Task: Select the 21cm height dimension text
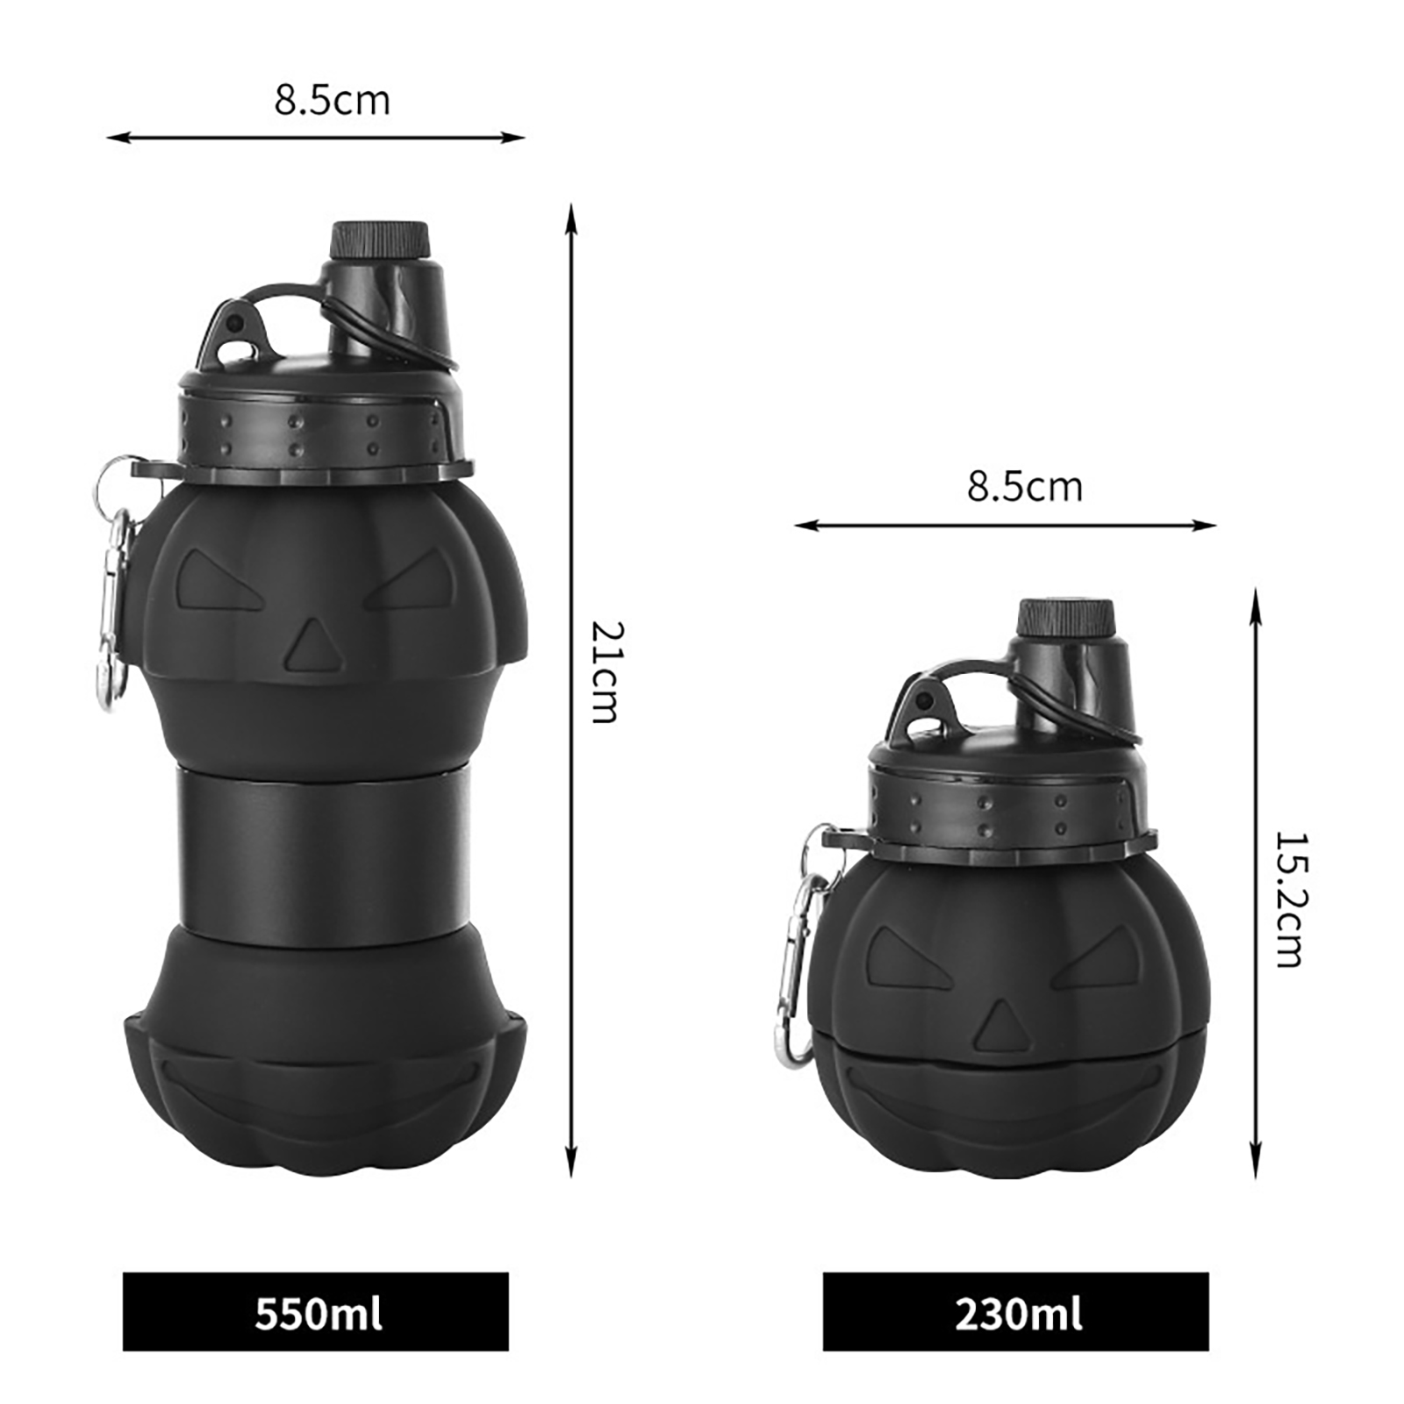pos(605,671)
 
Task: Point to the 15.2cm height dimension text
pos(1289,899)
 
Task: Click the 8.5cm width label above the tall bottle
pos(332,100)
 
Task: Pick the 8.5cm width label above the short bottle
pos(1025,487)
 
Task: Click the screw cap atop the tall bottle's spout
pos(379,240)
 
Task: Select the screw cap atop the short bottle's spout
pos(1065,618)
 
